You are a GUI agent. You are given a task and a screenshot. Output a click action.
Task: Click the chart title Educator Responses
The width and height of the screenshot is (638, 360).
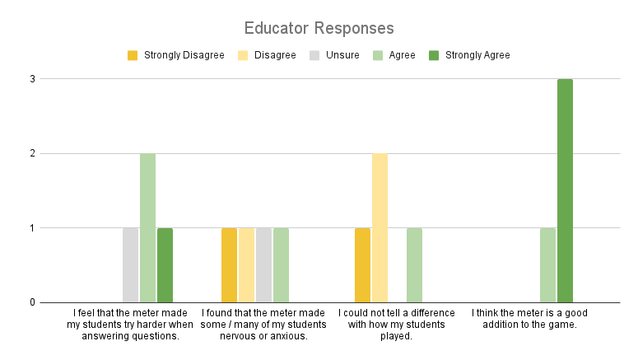pos(319,28)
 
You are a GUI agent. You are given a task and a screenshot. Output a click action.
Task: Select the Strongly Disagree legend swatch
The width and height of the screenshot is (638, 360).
pos(133,55)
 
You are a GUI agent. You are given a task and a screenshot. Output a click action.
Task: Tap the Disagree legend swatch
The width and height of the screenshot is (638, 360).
pos(243,55)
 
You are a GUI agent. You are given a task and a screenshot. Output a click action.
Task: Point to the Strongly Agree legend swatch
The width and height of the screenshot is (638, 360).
pos(434,55)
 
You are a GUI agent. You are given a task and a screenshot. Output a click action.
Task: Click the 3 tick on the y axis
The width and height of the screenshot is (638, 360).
pos(35,79)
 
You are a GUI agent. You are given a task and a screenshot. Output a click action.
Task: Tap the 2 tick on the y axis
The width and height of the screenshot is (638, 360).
pos(35,153)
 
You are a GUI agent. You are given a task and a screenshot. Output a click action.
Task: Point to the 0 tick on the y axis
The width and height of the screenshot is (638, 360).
pos(35,302)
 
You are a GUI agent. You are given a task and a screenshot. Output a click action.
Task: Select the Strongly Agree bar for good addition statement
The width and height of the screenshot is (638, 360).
pos(565,190)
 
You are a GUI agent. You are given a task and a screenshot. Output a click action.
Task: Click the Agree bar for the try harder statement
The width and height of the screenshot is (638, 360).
pos(147,227)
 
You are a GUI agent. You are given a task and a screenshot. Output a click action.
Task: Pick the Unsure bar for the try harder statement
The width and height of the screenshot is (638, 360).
pos(130,264)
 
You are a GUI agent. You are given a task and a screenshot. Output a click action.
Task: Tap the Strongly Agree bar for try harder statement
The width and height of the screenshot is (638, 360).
pos(165,264)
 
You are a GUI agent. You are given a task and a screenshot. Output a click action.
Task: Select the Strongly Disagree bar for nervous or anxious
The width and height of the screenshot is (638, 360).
pos(229,264)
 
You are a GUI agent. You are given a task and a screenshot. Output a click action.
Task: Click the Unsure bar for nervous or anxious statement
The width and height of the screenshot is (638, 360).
pos(263,264)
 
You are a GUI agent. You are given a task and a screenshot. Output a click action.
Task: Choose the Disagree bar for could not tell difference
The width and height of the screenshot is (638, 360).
pos(380,227)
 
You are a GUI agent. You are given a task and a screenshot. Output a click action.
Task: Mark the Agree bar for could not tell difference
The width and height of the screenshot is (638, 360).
pos(414,264)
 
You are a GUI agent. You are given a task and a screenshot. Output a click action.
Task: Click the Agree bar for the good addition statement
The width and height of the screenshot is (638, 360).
pos(547,264)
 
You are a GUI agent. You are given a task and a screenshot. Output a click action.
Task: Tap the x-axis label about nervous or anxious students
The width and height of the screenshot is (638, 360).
pos(263,325)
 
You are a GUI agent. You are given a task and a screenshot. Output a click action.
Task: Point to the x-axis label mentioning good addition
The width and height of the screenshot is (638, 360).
pos(530,319)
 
